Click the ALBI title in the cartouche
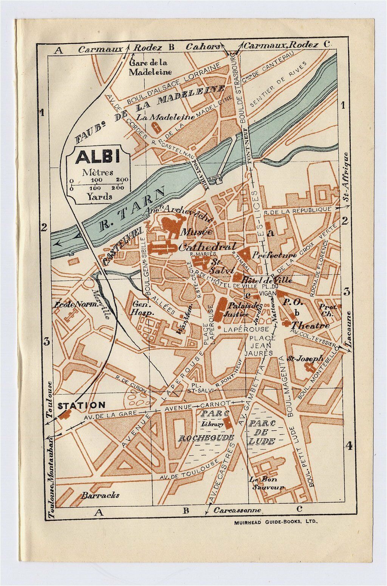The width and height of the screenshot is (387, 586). pos(98,157)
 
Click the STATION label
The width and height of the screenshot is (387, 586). pos(81,405)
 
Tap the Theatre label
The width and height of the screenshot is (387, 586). pos(311,325)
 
